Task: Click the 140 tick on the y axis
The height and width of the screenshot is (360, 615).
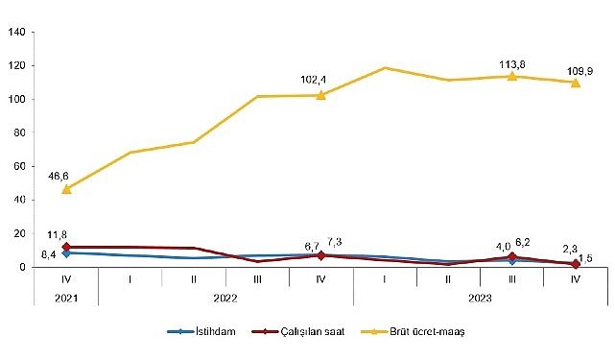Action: tap(17, 32)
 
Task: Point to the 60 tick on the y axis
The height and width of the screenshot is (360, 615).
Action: tap(20, 166)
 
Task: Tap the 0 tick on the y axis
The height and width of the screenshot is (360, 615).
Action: tap(23, 267)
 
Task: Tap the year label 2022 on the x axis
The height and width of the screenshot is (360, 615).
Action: tap(225, 299)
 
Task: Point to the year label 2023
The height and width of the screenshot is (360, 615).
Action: tap(480, 299)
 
